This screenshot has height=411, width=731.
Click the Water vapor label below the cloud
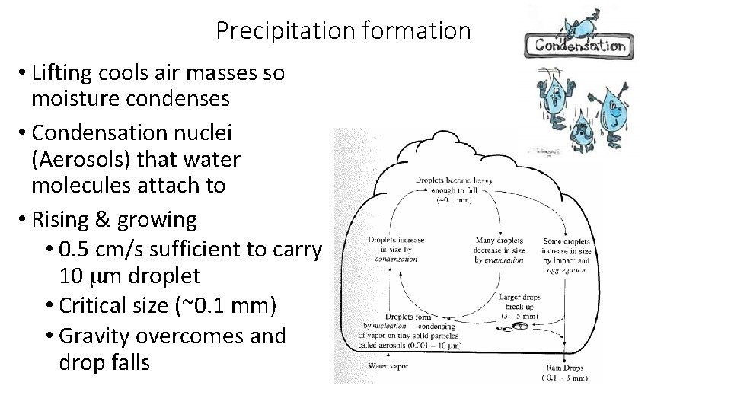pyautogui.click(x=388, y=365)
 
